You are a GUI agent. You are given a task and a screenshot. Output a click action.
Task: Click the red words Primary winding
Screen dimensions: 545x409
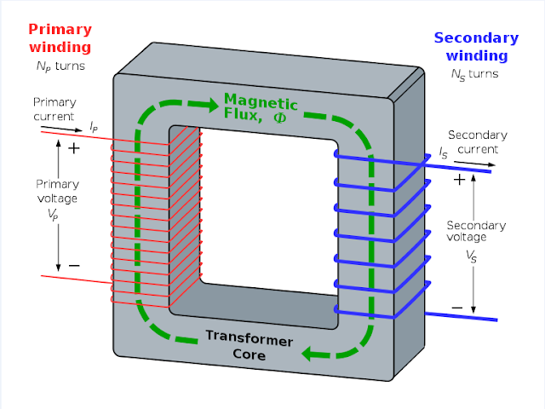(x=60, y=38)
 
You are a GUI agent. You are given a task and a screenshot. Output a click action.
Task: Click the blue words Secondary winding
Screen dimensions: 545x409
(x=477, y=47)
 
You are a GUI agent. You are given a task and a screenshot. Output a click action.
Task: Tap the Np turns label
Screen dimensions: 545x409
(x=60, y=66)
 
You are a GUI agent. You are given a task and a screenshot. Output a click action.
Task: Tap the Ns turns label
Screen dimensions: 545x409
(x=475, y=74)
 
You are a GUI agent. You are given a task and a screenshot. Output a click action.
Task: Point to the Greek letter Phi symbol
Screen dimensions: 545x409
(x=280, y=118)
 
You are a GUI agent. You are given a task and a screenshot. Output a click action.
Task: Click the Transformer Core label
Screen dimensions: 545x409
(x=250, y=345)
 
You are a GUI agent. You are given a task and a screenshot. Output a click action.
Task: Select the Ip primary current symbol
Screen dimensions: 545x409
(x=94, y=127)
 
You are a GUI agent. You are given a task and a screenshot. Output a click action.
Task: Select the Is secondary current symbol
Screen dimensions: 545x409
(x=443, y=153)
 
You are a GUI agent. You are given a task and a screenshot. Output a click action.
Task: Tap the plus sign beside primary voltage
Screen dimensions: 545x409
(x=74, y=148)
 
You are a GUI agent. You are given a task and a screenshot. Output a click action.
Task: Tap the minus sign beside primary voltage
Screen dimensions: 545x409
(x=74, y=266)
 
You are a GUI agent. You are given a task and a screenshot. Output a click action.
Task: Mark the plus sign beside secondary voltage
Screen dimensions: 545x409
(x=459, y=180)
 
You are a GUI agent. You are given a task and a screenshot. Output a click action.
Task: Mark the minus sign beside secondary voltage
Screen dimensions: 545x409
(x=457, y=308)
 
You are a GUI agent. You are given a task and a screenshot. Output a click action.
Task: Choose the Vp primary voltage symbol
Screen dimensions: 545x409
(x=53, y=215)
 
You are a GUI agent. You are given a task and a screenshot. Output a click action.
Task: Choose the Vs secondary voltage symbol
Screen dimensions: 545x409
(x=471, y=256)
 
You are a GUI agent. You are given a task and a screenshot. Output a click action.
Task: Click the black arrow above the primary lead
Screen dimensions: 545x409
(x=62, y=129)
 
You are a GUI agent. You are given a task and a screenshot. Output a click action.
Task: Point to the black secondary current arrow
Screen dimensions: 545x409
(x=474, y=164)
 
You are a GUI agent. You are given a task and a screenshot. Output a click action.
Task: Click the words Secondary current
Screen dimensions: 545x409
(x=478, y=142)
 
